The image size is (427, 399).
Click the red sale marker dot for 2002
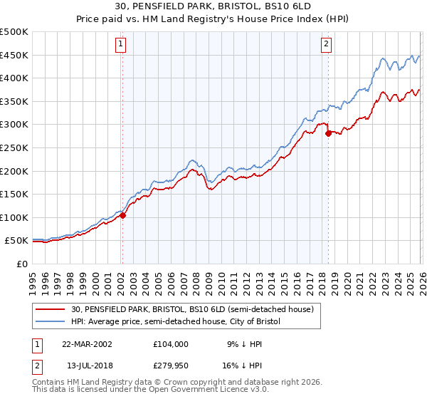[x=122, y=215]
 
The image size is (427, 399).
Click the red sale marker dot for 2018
[x=328, y=133]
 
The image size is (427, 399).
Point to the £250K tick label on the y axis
[x=14, y=147]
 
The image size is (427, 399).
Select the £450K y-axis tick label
[x=14, y=55]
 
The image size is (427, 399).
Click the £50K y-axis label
[x=16, y=241]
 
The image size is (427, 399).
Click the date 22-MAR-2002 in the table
[x=87, y=343]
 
